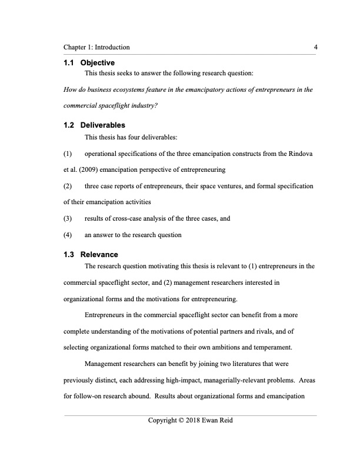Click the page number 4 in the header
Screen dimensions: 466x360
(x=316, y=47)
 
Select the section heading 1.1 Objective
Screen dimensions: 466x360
(x=88, y=63)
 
